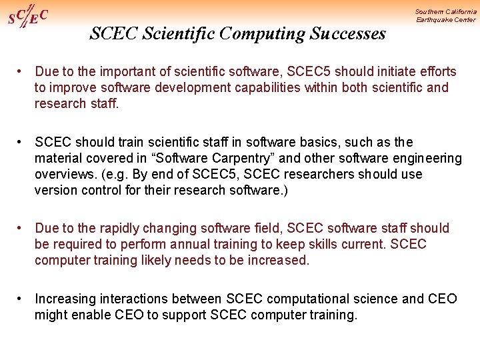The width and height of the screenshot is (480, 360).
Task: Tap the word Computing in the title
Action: click(269, 33)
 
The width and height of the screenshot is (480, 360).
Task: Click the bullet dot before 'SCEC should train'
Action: click(22, 142)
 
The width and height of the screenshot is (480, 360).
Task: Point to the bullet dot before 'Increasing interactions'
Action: click(22, 299)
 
